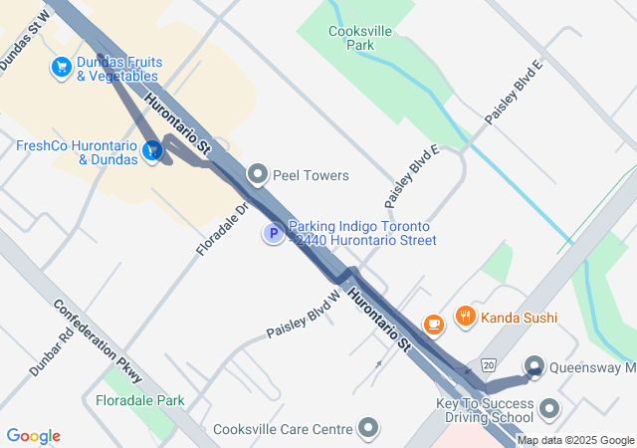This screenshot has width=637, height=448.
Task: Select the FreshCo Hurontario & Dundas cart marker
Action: (152, 151)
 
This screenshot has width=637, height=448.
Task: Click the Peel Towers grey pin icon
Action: (259, 175)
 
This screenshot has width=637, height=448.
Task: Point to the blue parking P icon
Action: (272, 234)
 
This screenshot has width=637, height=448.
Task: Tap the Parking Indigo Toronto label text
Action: (362, 233)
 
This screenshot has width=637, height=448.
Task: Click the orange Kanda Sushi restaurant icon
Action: (465, 318)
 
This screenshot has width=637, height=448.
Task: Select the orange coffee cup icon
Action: (433, 324)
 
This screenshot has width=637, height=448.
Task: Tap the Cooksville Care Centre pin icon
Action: (369, 429)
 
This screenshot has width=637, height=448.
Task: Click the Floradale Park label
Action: (140, 400)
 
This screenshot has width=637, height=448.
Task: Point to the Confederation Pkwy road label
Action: (99, 341)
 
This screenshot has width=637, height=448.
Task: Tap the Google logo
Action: (33, 436)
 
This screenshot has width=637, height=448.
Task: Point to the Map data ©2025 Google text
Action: (575, 440)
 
